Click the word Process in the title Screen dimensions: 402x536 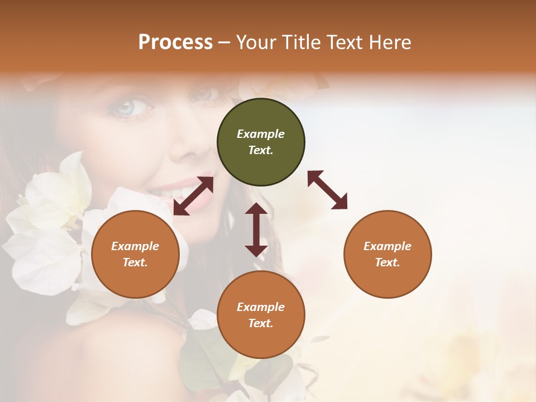[175, 42]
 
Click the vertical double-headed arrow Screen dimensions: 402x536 [256, 229]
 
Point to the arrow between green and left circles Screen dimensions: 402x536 [193, 196]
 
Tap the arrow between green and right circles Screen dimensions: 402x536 [327, 190]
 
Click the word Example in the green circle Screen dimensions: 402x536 [261, 134]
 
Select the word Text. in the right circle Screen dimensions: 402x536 [387, 262]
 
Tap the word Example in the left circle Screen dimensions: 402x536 [135, 246]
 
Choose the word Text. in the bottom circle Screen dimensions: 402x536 [261, 323]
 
